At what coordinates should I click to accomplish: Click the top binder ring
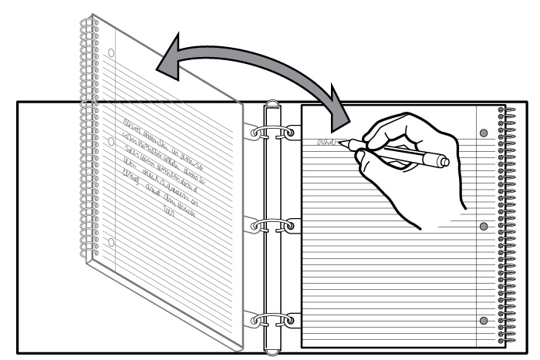(x=272, y=133)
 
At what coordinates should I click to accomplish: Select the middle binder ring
(x=272, y=226)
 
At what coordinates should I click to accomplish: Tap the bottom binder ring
(x=272, y=318)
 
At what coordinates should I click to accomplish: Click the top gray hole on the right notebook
(x=484, y=133)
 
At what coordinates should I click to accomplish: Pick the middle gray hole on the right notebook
(x=484, y=227)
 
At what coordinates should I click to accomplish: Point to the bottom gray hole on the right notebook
(x=484, y=320)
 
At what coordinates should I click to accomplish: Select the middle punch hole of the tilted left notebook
(x=111, y=142)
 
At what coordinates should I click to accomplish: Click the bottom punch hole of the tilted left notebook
(x=111, y=243)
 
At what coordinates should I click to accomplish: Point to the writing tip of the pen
(x=341, y=142)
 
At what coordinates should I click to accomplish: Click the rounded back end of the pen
(x=444, y=162)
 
